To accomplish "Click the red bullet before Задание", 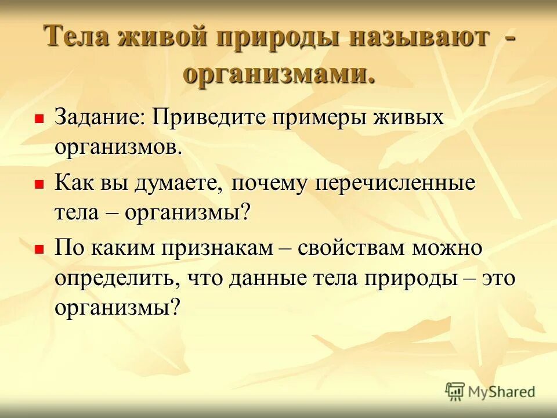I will pyautogui.click(x=39, y=118).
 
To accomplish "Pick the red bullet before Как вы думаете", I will pyautogui.click(x=39, y=184).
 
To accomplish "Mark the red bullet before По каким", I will pyautogui.click(x=39, y=249).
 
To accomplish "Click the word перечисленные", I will pyautogui.click(x=396, y=184).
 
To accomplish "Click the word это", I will pyautogui.click(x=497, y=279).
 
